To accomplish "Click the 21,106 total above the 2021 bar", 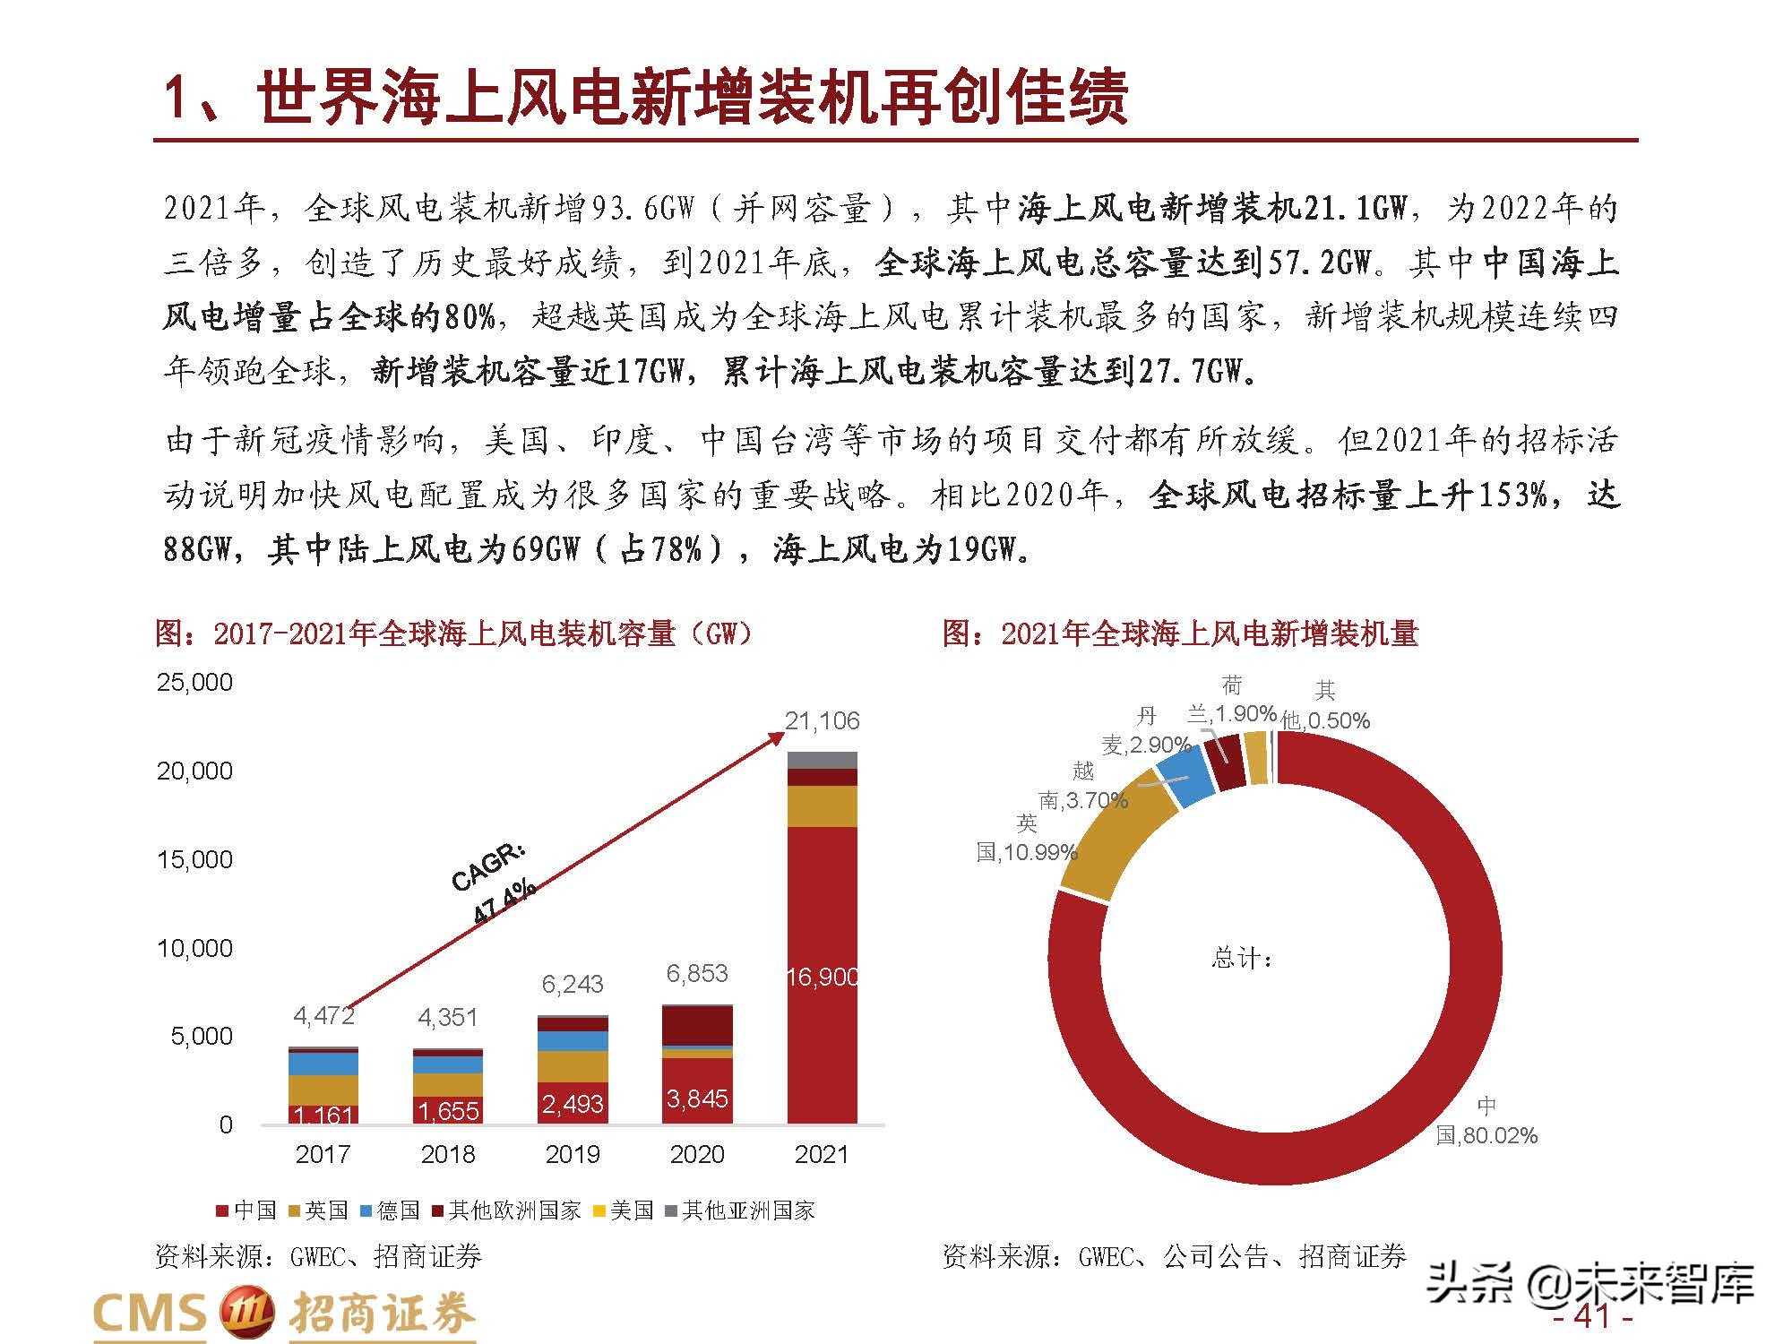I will click(822, 721).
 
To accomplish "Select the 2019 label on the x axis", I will click(573, 1154).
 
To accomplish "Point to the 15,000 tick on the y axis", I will click(194, 860).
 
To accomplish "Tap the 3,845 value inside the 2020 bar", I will click(697, 1098).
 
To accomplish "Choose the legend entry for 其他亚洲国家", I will click(740, 1211).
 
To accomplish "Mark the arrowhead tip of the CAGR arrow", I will click(782, 733).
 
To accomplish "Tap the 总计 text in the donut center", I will click(1242, 959).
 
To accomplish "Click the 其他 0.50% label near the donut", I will click(1325, 706).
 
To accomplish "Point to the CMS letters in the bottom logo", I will click(150, 1314).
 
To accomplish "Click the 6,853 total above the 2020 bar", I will click(697, 973).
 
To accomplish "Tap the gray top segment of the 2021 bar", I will click(822, 760).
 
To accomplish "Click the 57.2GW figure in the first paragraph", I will click(1317, 263).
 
